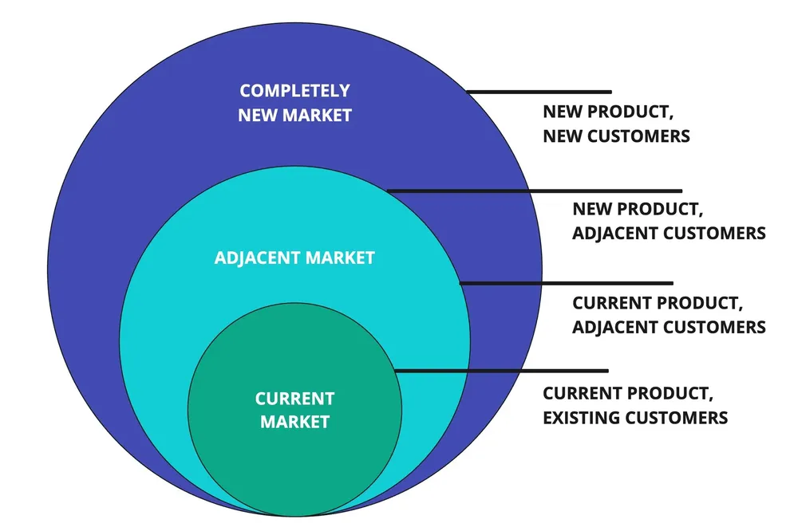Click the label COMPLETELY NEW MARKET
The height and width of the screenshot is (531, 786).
click(x=294, y=103)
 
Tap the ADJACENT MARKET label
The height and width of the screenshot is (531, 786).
click(x=294, y=258)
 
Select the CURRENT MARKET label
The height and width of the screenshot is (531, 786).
click(x=294, y=410)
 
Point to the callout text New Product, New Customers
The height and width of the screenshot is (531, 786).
click(x=616, y=124)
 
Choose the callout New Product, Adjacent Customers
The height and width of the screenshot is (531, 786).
click(x=669, y=221)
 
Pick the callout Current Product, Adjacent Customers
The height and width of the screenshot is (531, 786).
click(x=669, y=315)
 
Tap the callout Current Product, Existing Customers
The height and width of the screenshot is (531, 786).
click(x=635, y=405)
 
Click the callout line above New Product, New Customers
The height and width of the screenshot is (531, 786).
click(x=539, y=92)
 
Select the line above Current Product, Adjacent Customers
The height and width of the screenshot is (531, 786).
click(x=567, y=283)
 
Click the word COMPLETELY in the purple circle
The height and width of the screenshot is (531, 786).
click(x=294, y=91)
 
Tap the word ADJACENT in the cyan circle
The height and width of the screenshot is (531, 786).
click(x=251, y=258)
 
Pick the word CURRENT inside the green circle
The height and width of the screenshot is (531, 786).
click(x=294, y=399)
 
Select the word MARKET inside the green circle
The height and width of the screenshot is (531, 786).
click(x=294, y=422)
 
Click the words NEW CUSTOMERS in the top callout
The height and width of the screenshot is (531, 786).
click(x=616, y=136)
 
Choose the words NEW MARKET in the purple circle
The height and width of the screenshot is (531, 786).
click(x=294, y=115)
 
